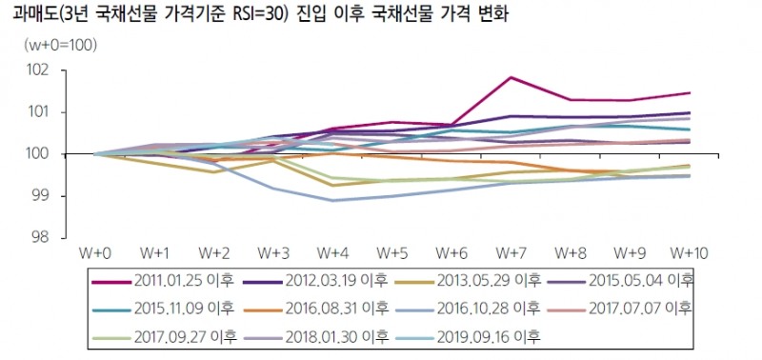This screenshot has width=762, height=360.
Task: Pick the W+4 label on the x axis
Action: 331,253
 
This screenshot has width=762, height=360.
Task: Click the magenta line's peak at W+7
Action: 511,77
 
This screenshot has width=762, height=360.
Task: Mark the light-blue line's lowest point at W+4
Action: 331,201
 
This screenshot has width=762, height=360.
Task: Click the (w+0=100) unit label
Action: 60,45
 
